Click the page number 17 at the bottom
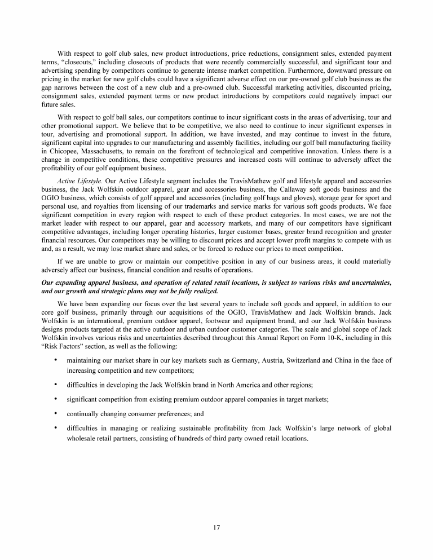click(216, 528)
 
